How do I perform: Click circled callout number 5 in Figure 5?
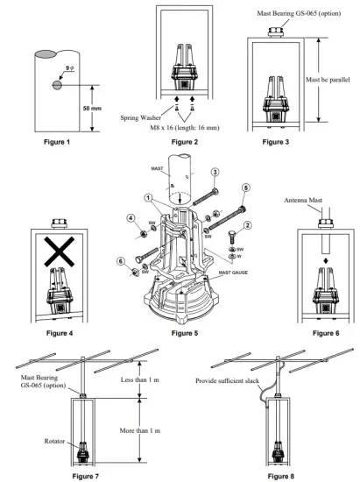(x=244, y=187)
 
